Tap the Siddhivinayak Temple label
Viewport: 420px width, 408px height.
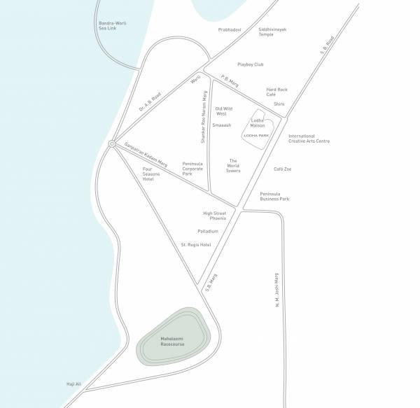pos(272,31)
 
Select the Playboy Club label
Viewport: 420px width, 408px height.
pos(250,64)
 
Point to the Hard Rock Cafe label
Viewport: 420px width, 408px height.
pos(277,92)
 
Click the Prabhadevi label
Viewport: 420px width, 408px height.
pos(230,29)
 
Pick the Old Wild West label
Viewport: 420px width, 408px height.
pos(224,111)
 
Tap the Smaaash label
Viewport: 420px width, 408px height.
pos(223,126)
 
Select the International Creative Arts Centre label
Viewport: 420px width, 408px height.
pos(309,139)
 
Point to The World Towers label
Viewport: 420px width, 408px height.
pos(233,165)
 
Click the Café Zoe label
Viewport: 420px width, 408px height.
pos(283,169)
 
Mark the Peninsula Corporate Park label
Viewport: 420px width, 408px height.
pos(192,168)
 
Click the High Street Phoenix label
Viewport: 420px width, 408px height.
pos(215,216)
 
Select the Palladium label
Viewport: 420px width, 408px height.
pos(208,231)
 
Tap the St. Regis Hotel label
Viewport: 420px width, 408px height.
pos(196,245)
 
